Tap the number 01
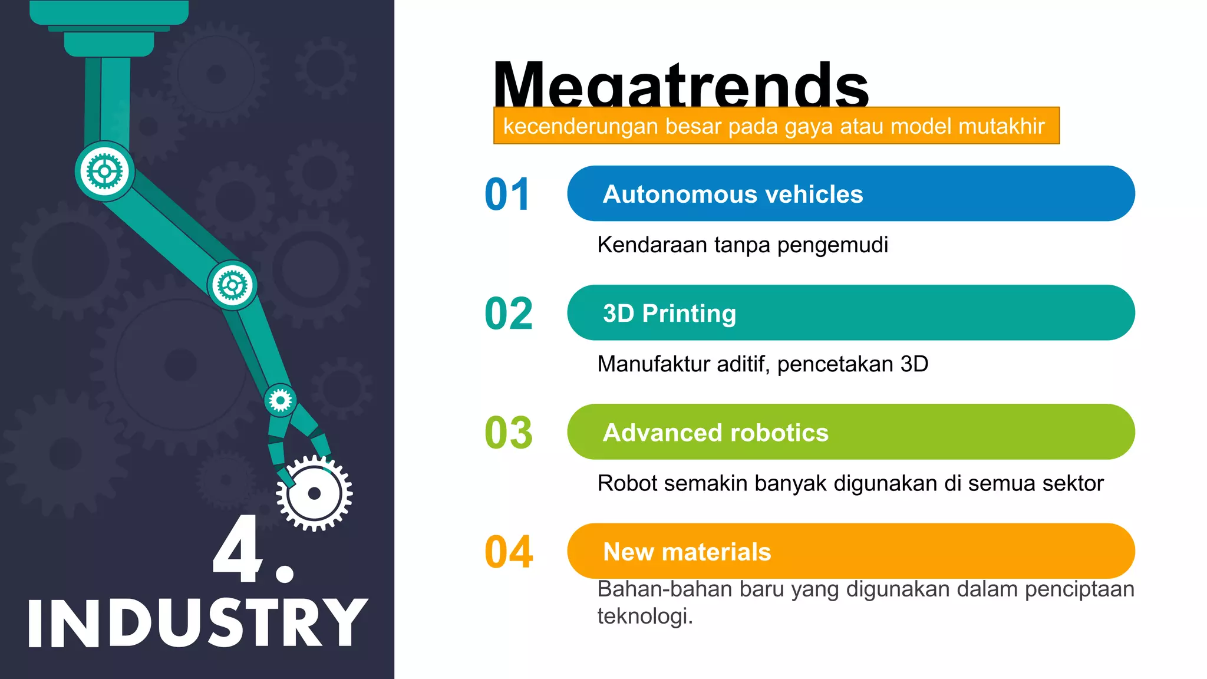(507, 195)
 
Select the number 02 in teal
(509, 314)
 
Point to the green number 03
(509, 433)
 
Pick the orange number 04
(509, 552)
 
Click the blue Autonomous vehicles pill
(850, 194)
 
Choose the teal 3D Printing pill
(850, 313)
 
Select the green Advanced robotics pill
(850, 432)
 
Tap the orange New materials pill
(850, 551)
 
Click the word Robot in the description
(627, 483)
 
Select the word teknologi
(645, 617)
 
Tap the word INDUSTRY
(197, 623)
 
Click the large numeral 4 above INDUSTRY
(238, 549)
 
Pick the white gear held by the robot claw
(315, 493)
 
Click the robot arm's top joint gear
(105, 172)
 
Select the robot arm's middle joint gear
(232, 286)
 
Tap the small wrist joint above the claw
(280, 401)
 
